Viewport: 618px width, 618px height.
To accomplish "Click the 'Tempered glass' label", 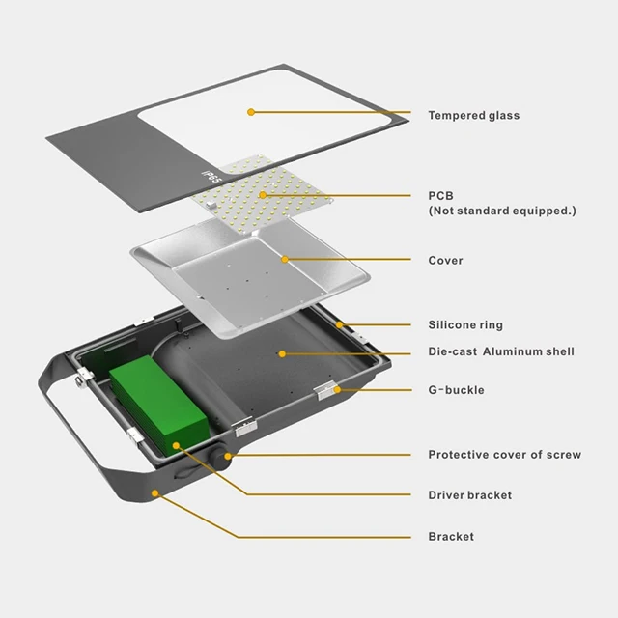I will [x=473, y=116].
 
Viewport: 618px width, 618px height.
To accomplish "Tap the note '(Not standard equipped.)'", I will [x=501, y=211].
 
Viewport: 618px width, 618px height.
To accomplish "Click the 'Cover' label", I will [x=445, y=261].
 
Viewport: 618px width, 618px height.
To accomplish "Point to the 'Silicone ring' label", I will [x=465, y=325].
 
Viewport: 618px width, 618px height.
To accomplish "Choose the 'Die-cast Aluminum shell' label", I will [x=500, y=351].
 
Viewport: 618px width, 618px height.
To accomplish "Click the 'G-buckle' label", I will [x=456, y=390].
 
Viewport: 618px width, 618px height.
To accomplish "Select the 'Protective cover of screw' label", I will [x=504, y=455].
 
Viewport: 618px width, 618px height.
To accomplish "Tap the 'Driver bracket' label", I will [x=469, y=495].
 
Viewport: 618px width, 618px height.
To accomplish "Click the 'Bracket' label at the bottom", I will [x=451, y=537].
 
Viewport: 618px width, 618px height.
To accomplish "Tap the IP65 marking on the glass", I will [x=211, y=179].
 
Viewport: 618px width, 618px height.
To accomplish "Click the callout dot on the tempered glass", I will [x=251, y=112].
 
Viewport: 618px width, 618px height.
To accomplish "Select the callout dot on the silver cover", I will [x=284, y=259].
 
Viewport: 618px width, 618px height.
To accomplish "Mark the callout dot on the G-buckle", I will [x=337, y=389].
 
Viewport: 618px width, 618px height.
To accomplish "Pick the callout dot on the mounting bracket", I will [x=154, y=492].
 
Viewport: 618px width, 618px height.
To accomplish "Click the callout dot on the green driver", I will [x=176, y=445].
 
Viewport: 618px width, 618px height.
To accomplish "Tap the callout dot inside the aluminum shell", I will [x=282, y=353].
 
